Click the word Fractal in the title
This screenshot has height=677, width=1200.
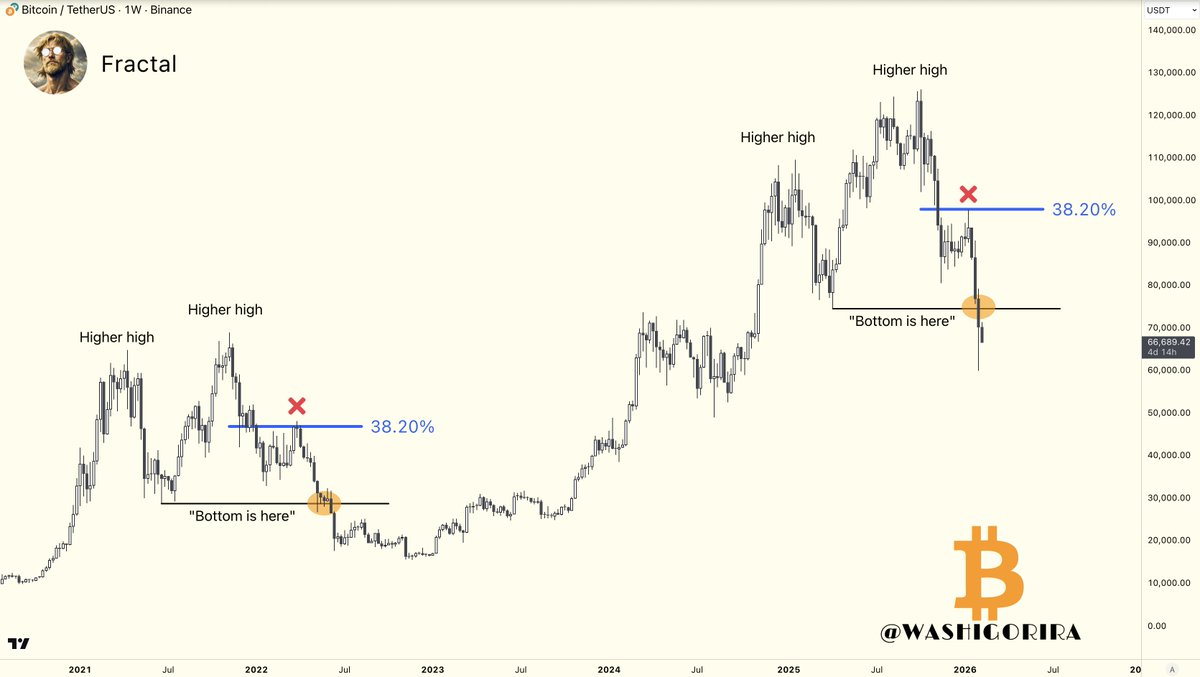click(139, 64)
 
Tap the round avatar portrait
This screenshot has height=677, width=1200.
click(55, 62)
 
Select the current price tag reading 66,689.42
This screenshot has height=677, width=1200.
click(1169, 342)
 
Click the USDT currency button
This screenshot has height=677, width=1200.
click(1158, 10)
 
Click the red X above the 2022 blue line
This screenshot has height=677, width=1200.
click(297, 405)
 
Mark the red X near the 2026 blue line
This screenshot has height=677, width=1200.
click(968, 193)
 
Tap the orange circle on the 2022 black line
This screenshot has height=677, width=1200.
click(324, 503)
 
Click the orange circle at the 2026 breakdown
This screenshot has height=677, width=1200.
click(978, 307)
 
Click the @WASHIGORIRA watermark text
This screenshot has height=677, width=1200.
click(980, 632)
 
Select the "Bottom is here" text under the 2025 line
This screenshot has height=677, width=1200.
click(901, 321)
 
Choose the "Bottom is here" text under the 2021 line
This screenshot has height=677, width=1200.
click(242, 516)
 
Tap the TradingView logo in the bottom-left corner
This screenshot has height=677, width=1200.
click(18, 643)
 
